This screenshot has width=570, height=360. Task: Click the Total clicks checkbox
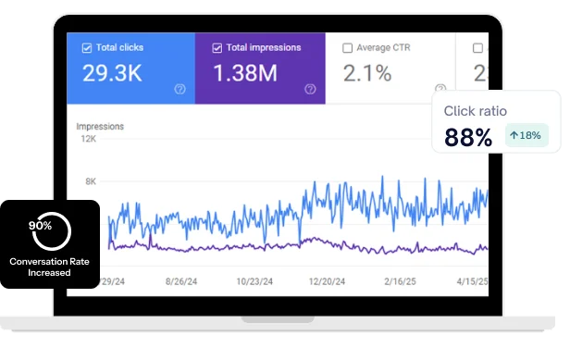(x=86, y=48)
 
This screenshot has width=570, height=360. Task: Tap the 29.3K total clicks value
(x=113, y=72)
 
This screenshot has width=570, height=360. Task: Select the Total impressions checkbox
(x=217, y=48)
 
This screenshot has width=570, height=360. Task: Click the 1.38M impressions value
(x=246, y=72)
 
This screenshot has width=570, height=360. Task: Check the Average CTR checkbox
(x=347, y=48)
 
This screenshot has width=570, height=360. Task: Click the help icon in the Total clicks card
(x=180, y=89)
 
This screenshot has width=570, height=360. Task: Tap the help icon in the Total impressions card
(x=310, y=89)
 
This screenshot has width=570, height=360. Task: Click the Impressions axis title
(x=100, y=126)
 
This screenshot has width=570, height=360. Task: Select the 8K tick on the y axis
(x=91, y=181)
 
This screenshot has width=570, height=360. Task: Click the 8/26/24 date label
(x=184, y=280)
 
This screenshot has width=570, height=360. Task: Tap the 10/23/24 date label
(x=255, y=280)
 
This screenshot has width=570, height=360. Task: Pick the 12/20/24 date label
(x=327, y=280)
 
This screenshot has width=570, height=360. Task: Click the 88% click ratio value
(x=468, y=137)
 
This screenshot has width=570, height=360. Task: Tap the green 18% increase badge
(x=527, y=135)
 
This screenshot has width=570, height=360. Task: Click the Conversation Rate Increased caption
(x=49, y=267)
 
